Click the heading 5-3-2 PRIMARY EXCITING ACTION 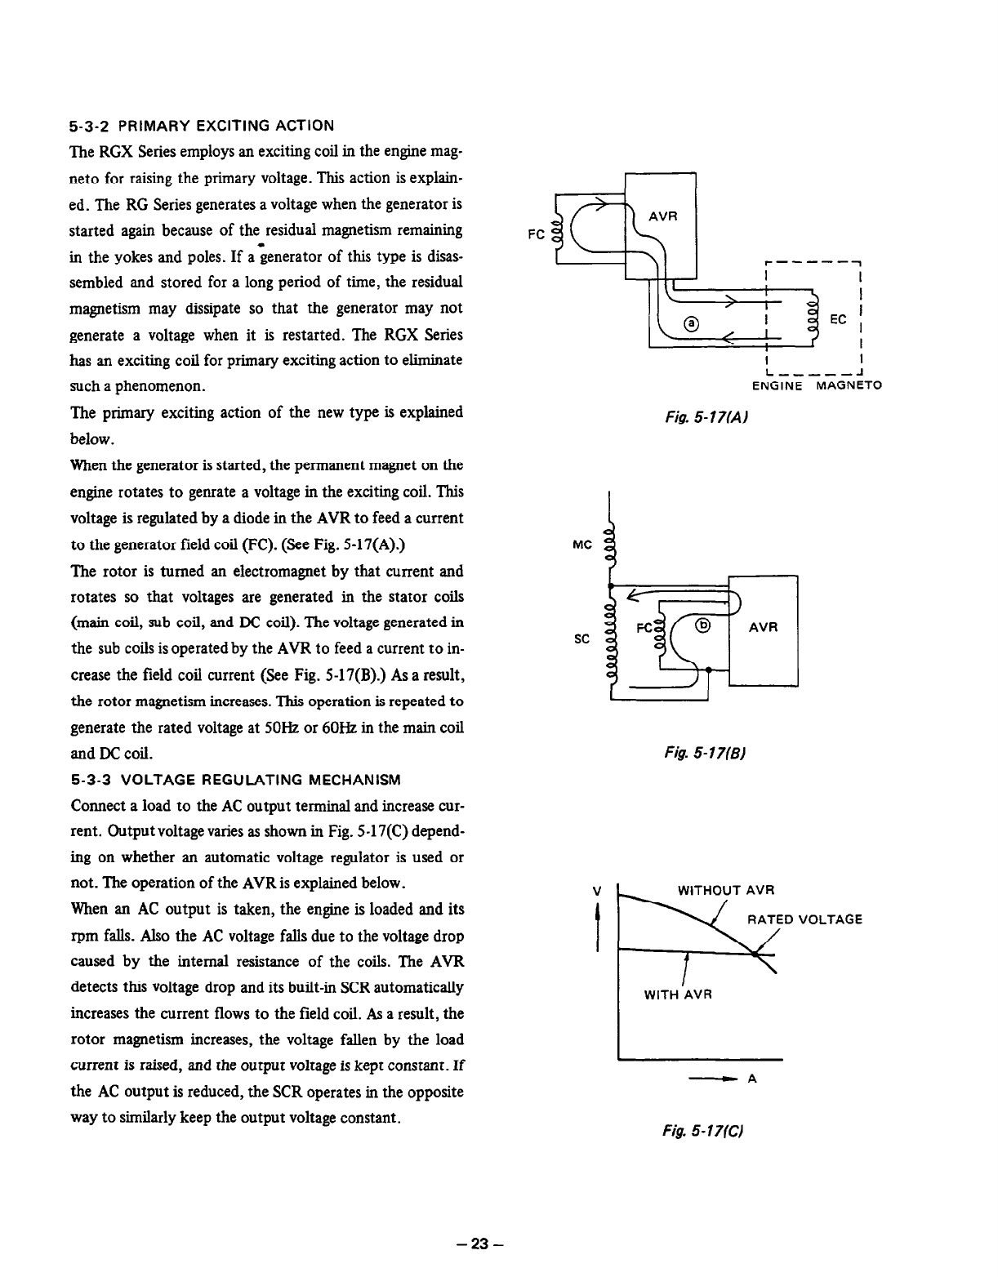(x=202, y=126)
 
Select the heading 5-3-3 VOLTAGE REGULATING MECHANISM (x=235, y=779)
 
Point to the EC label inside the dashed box (x=838, y=319)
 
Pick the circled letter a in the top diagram (x=692, y=323)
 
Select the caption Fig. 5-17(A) (x=708, y=417)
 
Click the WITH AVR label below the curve (x=679, y=994)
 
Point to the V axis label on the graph (x=599, y=891)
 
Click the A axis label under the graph (x=752, y=1079)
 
